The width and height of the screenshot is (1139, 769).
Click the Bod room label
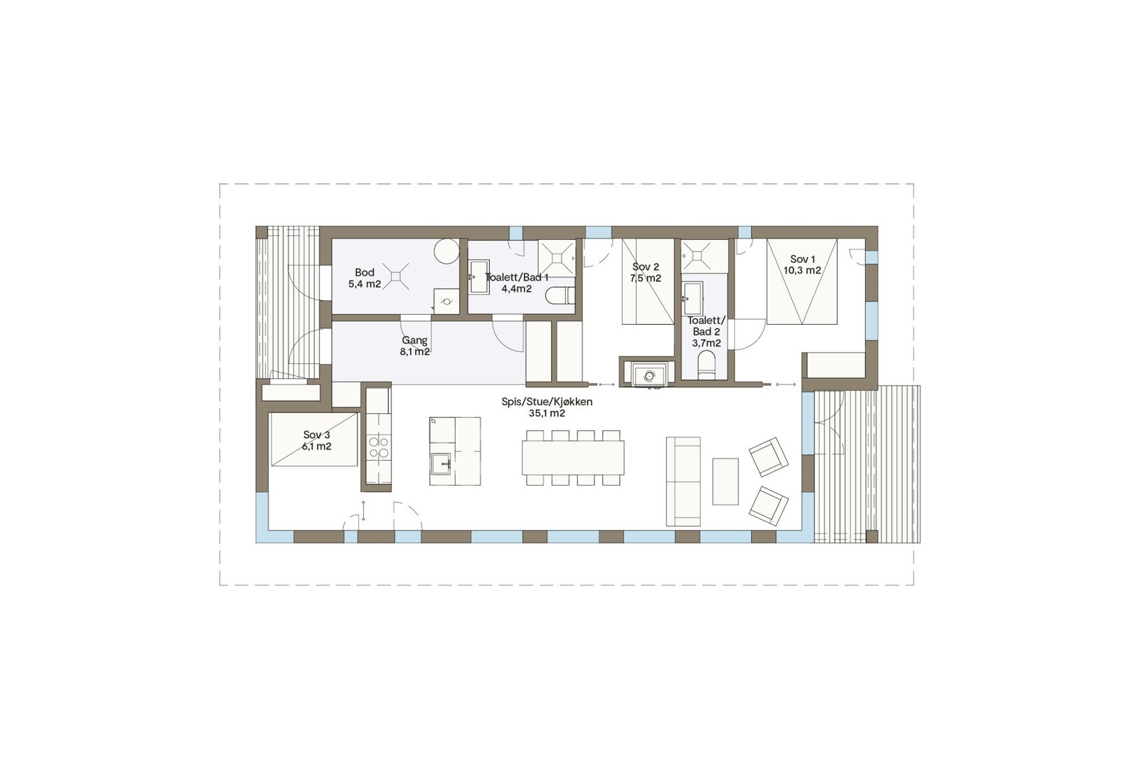[x=364, y=273]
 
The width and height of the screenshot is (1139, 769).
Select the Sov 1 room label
[x=802, y=260]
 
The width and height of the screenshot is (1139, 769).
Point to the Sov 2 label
[x=646, y=267]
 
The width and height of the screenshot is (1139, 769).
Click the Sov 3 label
[x=317, y=435]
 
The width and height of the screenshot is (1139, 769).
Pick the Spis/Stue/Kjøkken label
[x=547, y=402]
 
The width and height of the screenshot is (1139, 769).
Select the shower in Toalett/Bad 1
[x=556, y=256]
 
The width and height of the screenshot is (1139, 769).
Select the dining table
[x=573, y=458]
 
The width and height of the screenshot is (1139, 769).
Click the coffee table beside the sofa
[x=725, y=481]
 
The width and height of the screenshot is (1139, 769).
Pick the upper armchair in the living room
[x=769, y=456]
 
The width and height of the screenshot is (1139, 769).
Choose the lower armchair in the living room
[x=769, y=506]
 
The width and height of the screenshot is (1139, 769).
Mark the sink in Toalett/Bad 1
[x=478, y=277]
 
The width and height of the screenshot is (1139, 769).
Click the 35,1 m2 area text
[x=547, y=413]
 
